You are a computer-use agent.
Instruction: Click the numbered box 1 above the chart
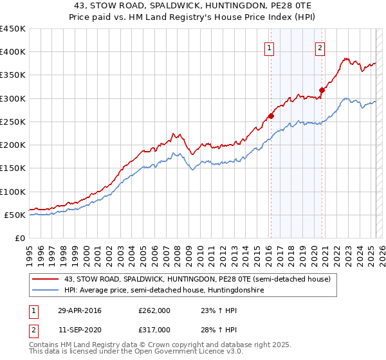click(x=269, y=47)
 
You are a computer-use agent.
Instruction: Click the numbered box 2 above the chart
click(x=320, y=47)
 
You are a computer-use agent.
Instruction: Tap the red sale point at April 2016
click(x=271, y=116)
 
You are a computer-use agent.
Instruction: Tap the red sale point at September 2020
click(x=322, y=90)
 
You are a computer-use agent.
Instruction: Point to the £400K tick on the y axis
click(x=13, y=52)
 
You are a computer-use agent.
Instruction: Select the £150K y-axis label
click(x=13, y=168)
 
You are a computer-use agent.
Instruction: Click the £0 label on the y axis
click(x=20, y=239)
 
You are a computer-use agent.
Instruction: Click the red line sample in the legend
click(x=45, y=279)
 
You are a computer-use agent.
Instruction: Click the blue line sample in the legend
click(x=45, y=291)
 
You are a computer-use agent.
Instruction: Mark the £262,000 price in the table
click(x=154, y=310)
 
